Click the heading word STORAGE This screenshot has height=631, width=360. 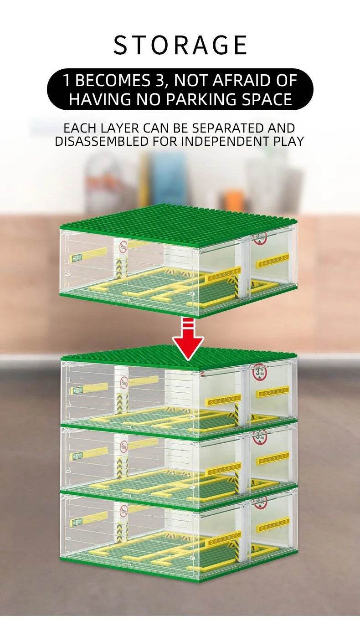(180, 45)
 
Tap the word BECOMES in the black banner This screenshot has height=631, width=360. (113, 81)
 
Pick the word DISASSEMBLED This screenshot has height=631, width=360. (102, 141)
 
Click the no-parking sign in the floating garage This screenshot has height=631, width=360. (123, 246)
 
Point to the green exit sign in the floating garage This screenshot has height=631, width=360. (76, 257)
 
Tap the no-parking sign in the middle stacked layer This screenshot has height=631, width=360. (123, 446)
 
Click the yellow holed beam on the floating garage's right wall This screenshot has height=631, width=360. (273, 261)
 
